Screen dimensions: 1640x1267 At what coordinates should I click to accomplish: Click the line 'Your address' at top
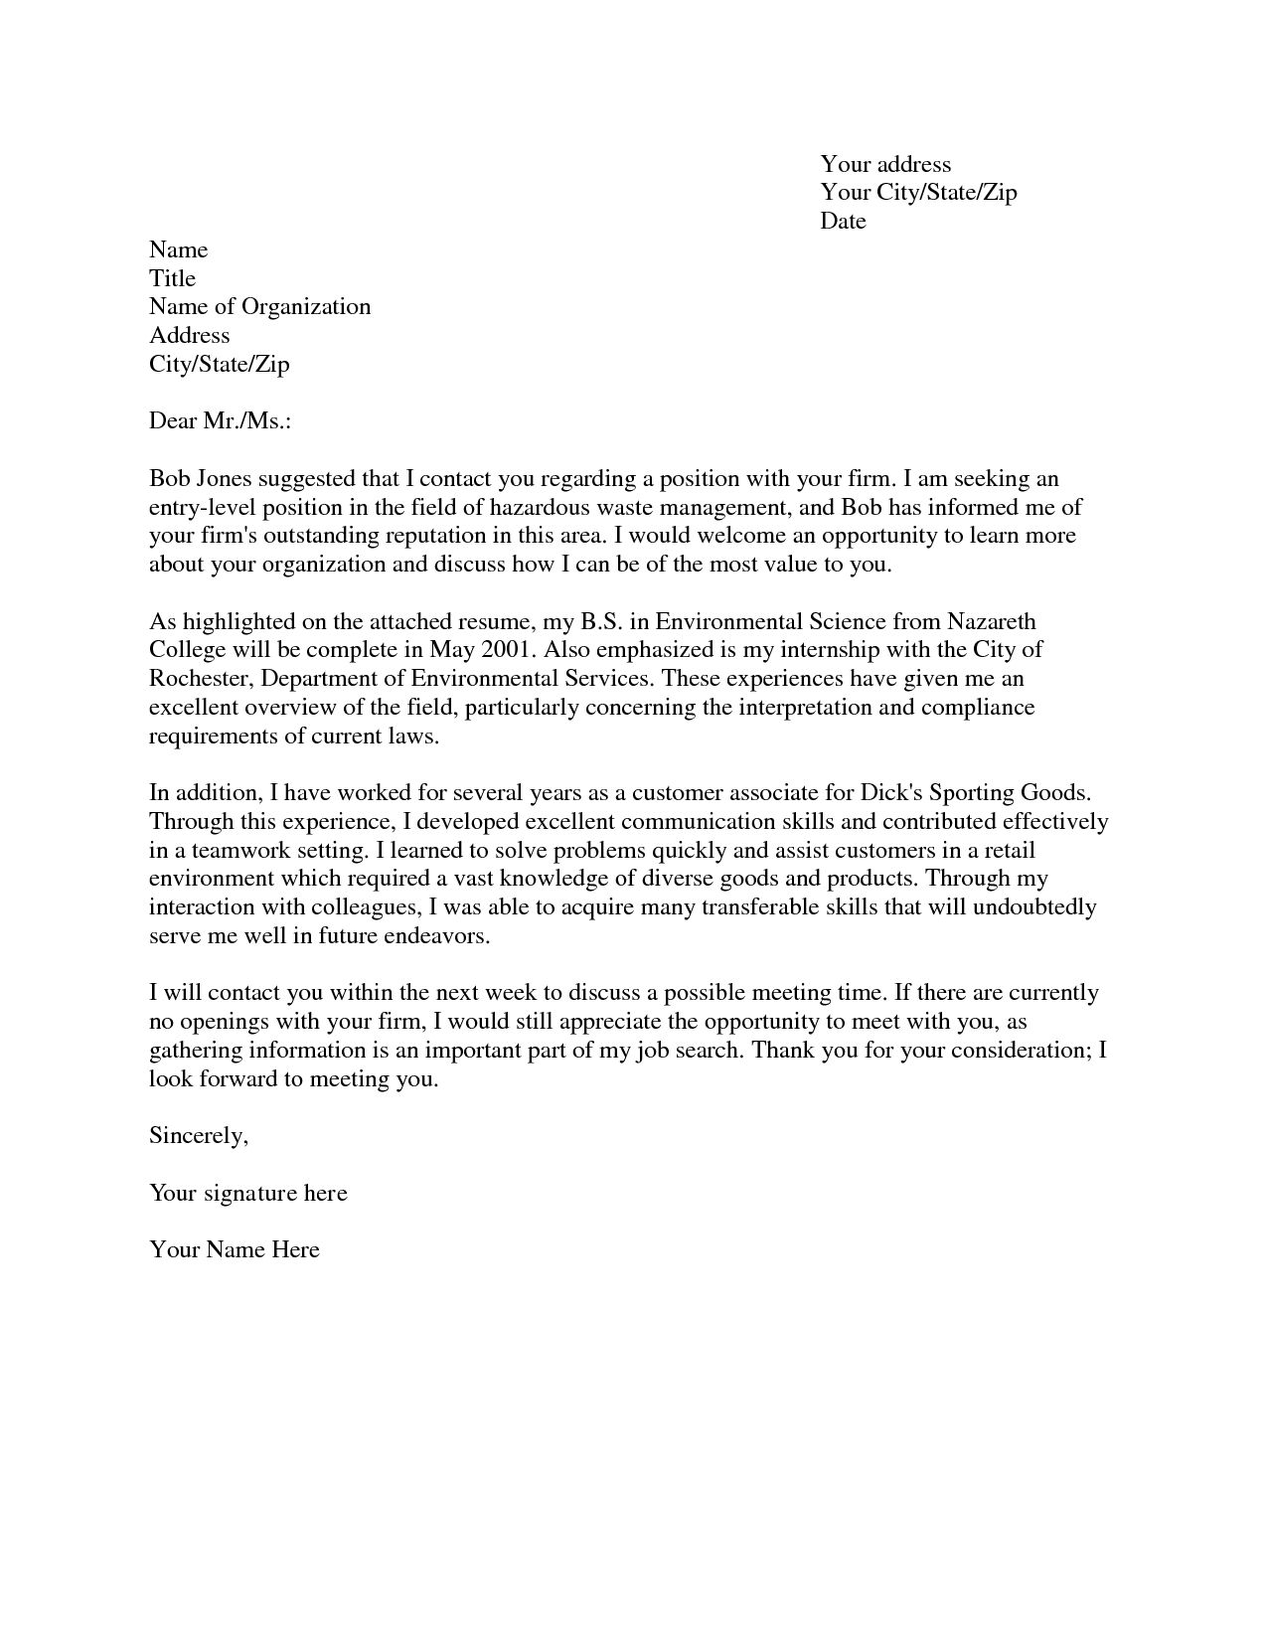tap(884, 164)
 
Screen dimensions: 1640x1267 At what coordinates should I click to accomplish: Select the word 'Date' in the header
tap(843, 221)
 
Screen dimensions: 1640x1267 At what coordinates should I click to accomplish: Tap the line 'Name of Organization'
tap(259, 306)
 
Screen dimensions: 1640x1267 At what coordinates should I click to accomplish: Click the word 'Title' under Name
tap(172, 278)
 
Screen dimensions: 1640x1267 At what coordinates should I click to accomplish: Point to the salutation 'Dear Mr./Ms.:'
tap(220, 420)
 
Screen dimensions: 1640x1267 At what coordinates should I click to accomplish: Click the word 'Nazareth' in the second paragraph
tap(991, 622)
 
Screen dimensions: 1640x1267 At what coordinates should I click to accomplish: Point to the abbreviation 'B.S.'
tap(598, 622)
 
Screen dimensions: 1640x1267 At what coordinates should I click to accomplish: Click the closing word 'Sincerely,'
tap(198, 1135)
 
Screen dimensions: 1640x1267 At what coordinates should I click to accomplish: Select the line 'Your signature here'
tap(247, 1193)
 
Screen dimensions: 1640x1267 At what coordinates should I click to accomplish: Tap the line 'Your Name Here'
tap(235, 1249)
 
